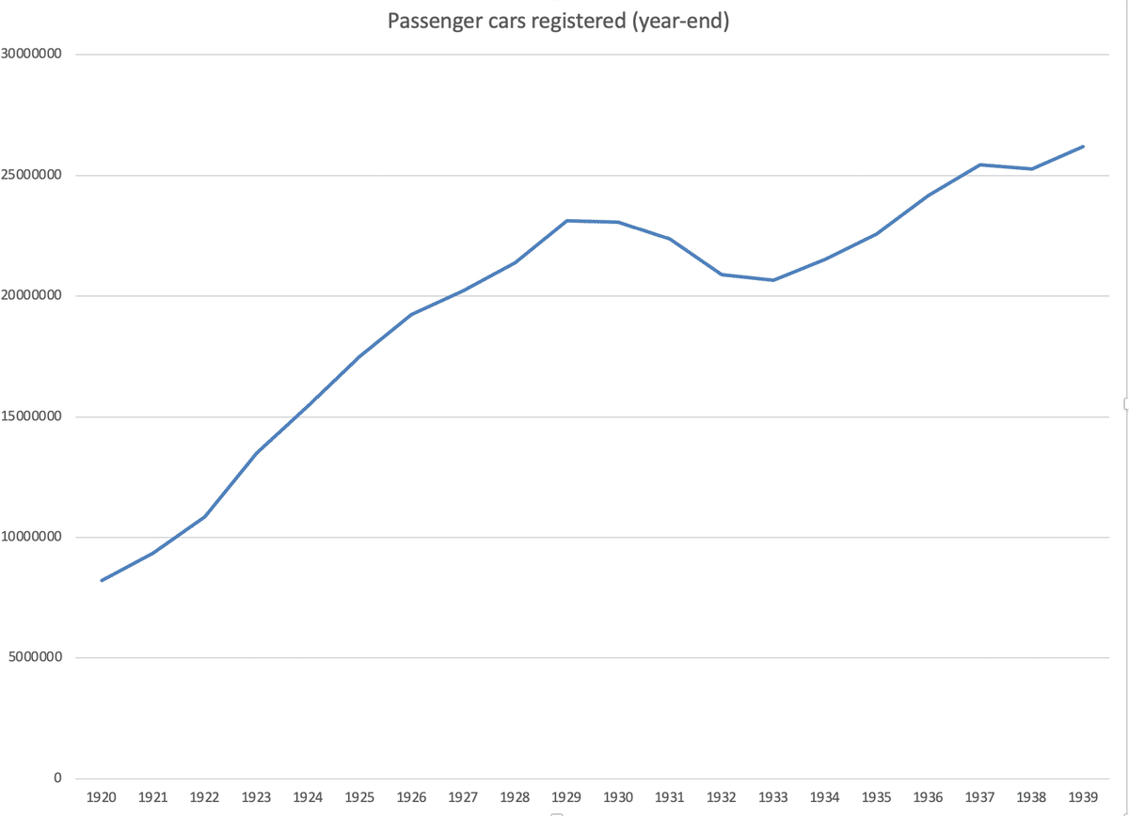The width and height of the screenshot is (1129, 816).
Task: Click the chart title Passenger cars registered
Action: (x=559, y=21)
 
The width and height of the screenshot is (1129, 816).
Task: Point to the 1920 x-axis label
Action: (x=102, y=797)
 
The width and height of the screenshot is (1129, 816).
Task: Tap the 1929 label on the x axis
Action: (x=566, y=797)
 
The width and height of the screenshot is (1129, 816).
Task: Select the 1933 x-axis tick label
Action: (x=773, y=797)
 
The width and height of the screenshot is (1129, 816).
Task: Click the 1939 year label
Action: (x=1083, y=797)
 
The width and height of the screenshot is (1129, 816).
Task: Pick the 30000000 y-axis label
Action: (x=32, y=55)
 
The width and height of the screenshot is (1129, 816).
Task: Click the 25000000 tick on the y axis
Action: (x=32, y=176)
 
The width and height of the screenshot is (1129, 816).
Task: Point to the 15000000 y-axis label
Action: (x=32, y=416)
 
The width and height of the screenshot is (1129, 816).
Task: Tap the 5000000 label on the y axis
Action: (x=36, y=658)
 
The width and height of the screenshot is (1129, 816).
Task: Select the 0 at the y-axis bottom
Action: (x=57, y=778)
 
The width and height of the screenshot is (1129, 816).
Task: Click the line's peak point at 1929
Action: (x=566, y=221)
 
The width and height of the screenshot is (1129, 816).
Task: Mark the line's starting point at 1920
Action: (x=102, y=580)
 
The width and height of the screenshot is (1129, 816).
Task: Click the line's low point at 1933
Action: (x=773, y=280)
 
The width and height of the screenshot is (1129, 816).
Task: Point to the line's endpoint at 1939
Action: (x=1083, y=147)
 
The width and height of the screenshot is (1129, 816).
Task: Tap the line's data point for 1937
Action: (x=979, y=165)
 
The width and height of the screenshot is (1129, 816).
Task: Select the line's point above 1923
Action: (x=257, y=452)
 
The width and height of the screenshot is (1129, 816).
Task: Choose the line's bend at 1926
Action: (x=411, y=314)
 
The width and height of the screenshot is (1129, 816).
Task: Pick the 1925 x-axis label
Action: (x=359, y=797)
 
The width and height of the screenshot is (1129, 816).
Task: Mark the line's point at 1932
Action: (x=722, y=275)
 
